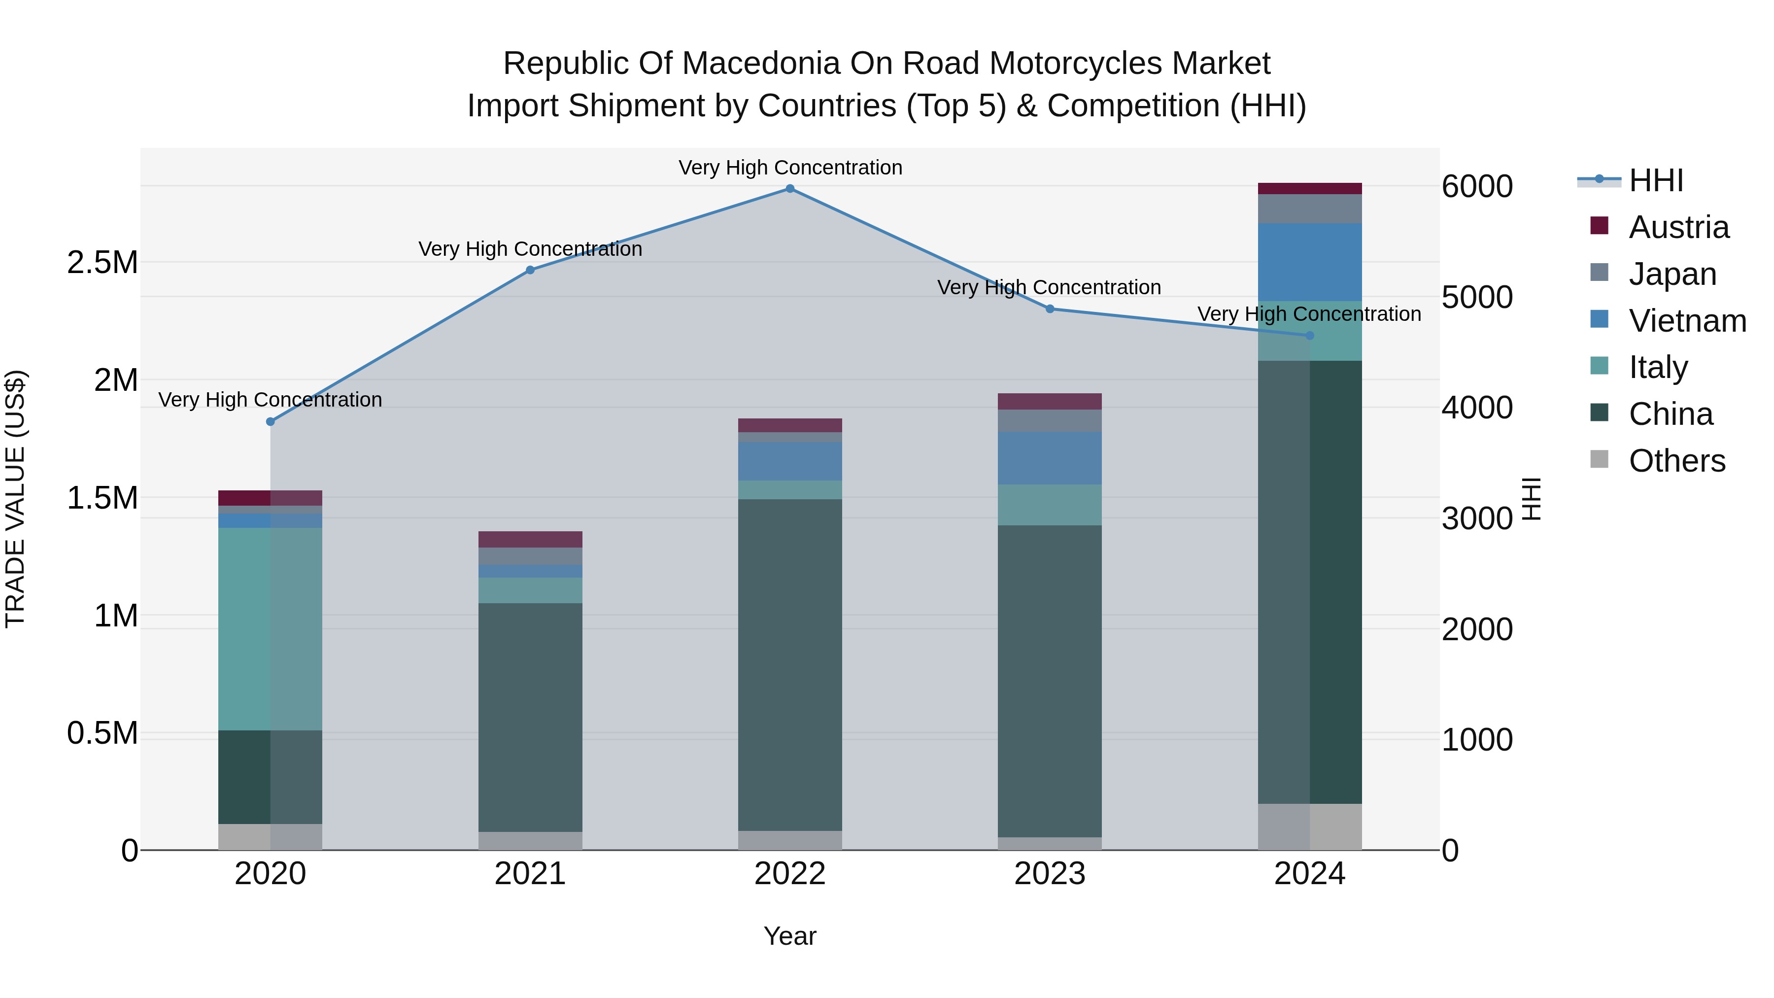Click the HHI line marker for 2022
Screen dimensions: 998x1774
click(x=790, y=189)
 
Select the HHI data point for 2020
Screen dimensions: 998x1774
click(x=271, y=421)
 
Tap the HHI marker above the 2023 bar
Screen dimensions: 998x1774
click(x=1050, y=309)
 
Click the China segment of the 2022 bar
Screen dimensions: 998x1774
click(x=790, y=665)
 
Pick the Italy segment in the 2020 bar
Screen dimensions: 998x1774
click(x=270, y=628)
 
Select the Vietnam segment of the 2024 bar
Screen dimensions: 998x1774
click(x=1309, y=262)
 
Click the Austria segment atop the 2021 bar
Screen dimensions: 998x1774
click(x=530, y=539)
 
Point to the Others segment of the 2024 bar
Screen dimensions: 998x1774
click(x=1309, y=826)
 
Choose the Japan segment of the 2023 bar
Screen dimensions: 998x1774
click(x=1050, y=421)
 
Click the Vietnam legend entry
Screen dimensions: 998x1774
click(x=1687, y=321)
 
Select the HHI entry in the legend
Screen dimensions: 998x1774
click(x=1656, y=180)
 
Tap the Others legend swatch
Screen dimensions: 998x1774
click(x=1599, y=459)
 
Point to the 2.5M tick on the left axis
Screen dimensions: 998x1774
click(x=102, y=262)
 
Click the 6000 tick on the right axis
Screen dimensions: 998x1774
click(x=1477, y=187)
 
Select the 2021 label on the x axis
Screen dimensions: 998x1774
click(x=530, y=874)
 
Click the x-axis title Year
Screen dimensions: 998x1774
click(x=790, y=936)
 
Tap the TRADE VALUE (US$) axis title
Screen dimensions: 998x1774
click(x=15, y=499)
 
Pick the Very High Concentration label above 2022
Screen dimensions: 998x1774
click(x=790, y=168)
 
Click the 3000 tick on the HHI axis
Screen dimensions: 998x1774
click(x=1477, y=518)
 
